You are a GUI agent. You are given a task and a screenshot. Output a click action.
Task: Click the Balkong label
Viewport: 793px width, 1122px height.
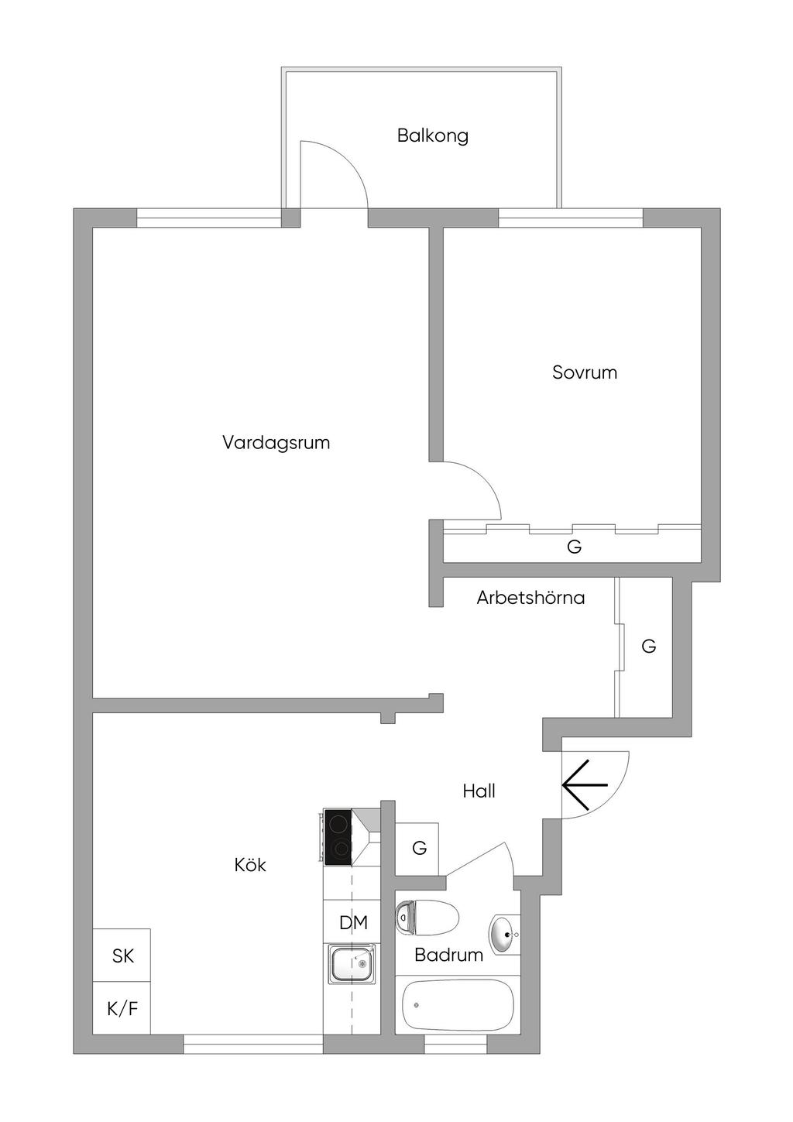432,136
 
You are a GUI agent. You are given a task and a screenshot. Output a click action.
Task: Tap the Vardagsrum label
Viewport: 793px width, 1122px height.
276,443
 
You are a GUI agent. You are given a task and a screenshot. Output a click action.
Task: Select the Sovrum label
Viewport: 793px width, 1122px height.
585,372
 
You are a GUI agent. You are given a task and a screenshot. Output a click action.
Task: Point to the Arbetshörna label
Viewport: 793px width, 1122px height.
530,598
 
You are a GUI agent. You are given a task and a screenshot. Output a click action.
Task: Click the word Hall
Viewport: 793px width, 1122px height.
479,791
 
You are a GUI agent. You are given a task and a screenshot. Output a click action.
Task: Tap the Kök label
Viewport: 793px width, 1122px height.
250,865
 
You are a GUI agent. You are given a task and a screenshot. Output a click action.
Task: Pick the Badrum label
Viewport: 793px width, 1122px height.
448,955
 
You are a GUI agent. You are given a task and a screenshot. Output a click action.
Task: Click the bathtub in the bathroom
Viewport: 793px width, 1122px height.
458,1004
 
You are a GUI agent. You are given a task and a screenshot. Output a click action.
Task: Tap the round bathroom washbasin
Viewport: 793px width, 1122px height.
503,935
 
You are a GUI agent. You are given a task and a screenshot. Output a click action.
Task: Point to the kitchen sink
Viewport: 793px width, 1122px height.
351,965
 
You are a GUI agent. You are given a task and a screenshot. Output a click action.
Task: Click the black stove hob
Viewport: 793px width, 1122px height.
338,837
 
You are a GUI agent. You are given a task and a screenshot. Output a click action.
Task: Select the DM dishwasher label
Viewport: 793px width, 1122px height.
353,923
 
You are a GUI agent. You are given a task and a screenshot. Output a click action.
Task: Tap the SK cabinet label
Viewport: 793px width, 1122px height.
123,956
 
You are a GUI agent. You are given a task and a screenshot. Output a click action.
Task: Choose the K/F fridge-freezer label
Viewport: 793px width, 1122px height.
122,1009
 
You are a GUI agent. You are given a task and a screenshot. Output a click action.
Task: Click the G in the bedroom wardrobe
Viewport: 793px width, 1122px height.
574,547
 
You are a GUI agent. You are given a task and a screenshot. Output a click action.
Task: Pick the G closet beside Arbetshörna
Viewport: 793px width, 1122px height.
649,646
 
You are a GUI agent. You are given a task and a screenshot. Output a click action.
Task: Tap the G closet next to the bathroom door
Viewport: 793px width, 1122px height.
419,849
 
